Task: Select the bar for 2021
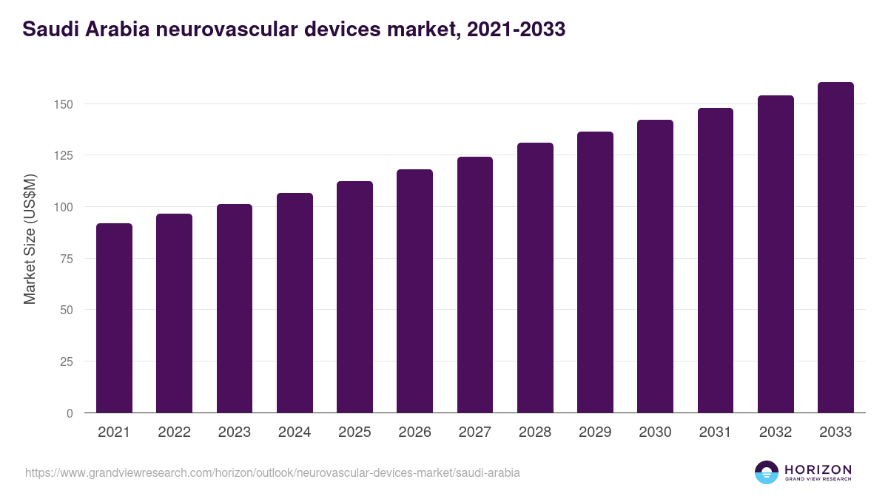click(114, 318)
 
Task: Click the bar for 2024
click(295, 303)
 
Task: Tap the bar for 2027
click(475, 285)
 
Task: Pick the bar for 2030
click(655, 266)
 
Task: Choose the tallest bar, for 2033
click(835, 248)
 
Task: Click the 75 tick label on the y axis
click(67, 259)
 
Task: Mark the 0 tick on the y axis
click(70, 413)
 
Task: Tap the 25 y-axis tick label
click(67, 361)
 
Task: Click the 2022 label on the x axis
click(174, 432)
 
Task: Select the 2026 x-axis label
click(414, 432)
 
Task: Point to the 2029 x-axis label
click(595, 432)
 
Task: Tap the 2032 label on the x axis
click(776, 432)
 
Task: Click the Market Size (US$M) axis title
click(30, 239)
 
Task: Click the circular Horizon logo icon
click(767, 472)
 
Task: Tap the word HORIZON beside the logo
click(818, 469)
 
